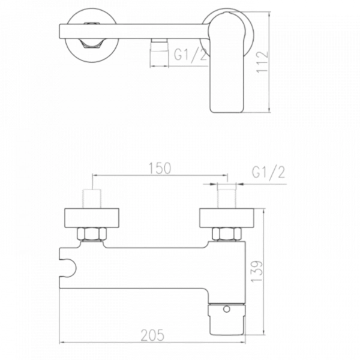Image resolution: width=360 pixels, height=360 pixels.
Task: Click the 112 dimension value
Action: pyautogui.click(x=262, y=62)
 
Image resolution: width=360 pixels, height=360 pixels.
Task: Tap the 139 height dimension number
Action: pyautogui.click(x=256, y=271)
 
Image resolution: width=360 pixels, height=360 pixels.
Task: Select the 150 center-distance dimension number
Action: pyautogui.click(x=160, y=168)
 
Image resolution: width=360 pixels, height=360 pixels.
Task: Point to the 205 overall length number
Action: pyautogui.click(x=152, y=335)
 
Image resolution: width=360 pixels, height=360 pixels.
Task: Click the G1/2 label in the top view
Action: pyautogui.click(x=191, y=55)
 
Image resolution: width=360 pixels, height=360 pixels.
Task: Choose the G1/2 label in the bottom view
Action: pyautogui.click(x=268, y=172)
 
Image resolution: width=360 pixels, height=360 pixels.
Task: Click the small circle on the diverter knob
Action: pyautogui.click(x=227, y=309)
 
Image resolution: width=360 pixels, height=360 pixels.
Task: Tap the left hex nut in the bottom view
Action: pyautogui.click(x=92, y=234)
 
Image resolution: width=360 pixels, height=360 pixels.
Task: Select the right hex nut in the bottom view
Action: pyautogui.click(x=227, y=234)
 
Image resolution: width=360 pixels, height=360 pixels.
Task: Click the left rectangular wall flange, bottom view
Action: pyautogui.click(x=92, y=218)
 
